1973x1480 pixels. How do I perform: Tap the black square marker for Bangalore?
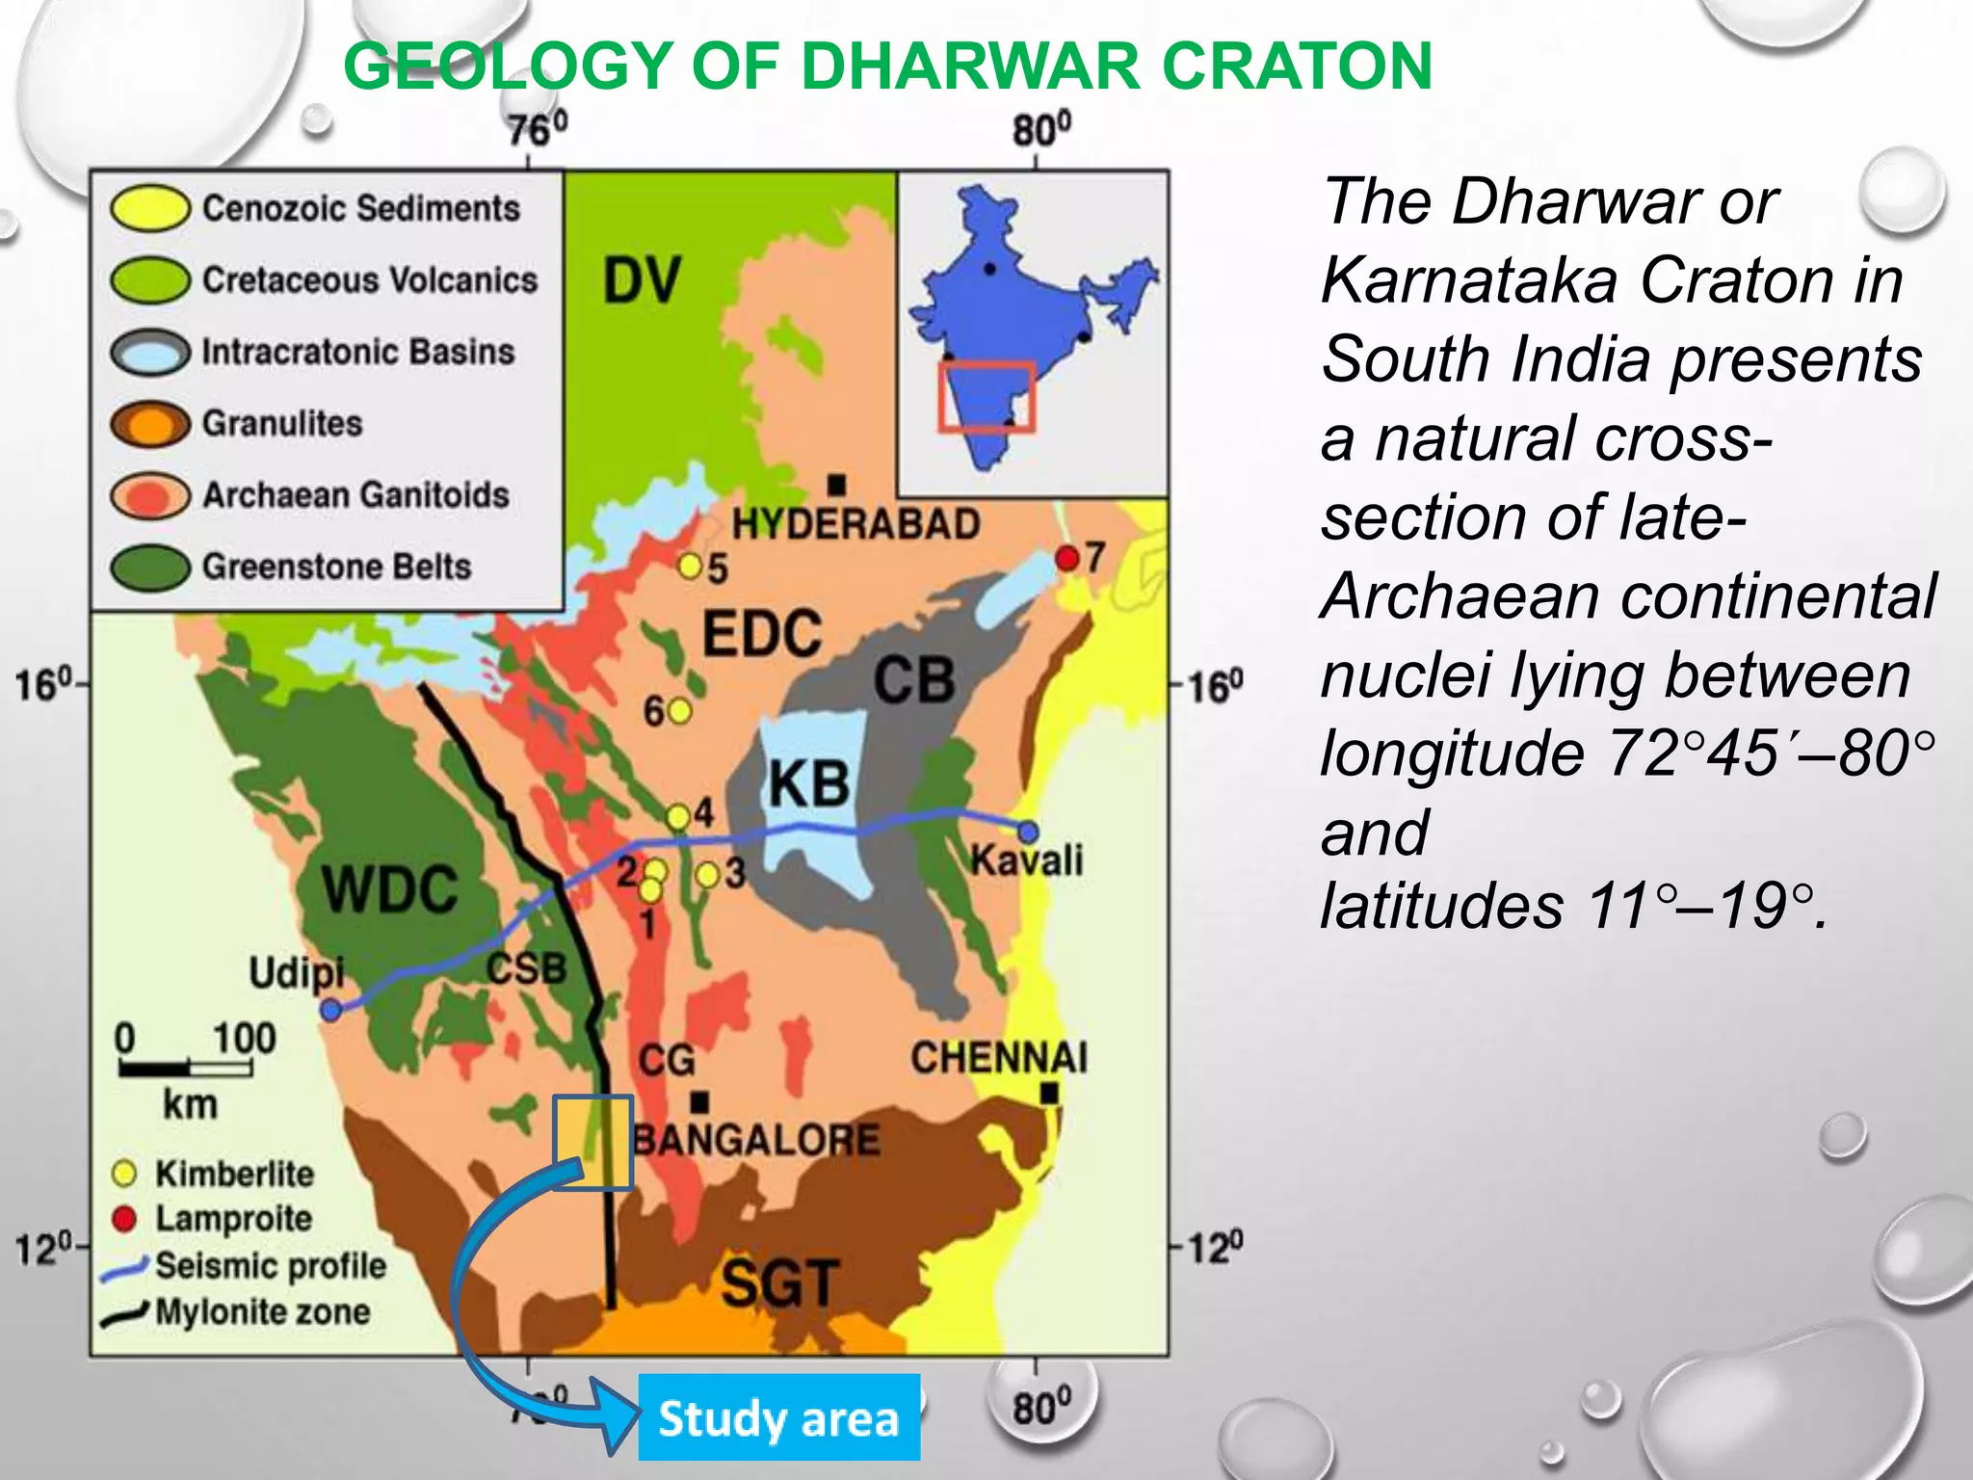[700, 1101]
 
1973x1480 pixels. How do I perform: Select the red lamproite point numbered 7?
[1066, 558]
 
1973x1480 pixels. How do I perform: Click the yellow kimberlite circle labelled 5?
[690, 565]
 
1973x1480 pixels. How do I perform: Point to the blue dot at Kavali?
[1028, 831]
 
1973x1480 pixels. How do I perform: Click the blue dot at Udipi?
[331, 1010]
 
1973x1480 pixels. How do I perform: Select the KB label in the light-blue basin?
[809, 783]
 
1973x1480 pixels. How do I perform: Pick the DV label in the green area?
[642, 281]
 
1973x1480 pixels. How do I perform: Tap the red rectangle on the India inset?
[986, 396]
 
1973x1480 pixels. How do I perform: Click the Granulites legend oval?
[149, 424]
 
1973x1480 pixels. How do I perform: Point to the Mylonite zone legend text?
[262, 1311]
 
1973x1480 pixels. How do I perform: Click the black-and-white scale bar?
[185, 1068]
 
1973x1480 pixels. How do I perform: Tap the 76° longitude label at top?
[538, 129]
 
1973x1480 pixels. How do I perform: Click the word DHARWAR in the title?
[972, 66]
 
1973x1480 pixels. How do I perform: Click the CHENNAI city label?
[999, 1058]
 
